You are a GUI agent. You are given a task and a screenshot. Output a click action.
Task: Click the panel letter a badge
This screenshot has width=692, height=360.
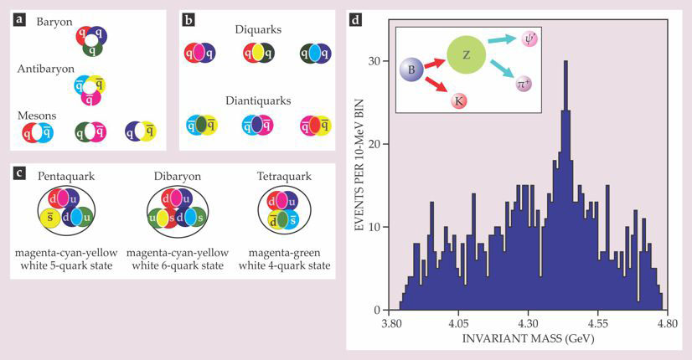point(19,20)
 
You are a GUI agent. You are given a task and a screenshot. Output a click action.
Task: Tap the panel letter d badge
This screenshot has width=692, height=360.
point(356,20)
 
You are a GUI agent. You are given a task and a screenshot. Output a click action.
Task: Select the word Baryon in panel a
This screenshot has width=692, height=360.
point(54,22)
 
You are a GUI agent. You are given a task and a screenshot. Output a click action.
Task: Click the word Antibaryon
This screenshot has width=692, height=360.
point(46,69)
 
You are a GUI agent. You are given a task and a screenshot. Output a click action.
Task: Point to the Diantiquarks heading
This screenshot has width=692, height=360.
point(258,100)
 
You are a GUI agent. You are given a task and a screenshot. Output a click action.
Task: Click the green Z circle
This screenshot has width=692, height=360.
point(466,54)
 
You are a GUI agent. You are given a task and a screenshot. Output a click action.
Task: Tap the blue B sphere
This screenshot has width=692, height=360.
point(411,69)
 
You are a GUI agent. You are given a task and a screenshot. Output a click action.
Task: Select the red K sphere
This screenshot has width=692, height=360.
point(459,101)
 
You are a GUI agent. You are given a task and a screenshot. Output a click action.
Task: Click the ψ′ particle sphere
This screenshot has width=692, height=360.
point(530,39)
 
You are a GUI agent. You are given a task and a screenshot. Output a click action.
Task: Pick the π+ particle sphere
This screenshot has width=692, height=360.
point(524,84)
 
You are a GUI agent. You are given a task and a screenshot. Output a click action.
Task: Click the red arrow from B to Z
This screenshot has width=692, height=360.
point(435,63)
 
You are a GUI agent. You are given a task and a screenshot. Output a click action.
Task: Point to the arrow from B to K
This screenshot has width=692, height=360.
point(436,85)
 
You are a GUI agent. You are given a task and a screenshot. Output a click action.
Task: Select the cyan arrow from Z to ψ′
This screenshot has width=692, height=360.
point(502,39)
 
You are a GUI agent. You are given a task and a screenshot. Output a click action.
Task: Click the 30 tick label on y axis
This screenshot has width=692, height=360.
point(374,60)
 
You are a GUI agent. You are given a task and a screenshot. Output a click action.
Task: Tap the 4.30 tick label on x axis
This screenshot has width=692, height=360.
point(528,324)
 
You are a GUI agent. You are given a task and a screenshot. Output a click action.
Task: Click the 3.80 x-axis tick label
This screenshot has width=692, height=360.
point(391,324)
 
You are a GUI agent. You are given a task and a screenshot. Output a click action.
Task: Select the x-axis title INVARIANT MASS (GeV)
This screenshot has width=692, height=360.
point(528,339)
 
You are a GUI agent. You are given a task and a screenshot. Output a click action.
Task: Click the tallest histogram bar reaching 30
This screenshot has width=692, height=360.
point(565,185)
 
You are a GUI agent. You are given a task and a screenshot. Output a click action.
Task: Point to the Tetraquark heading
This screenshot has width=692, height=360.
point(284,177)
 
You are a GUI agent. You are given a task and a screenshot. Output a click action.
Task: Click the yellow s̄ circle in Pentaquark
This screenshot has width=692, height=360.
point(51,219)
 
